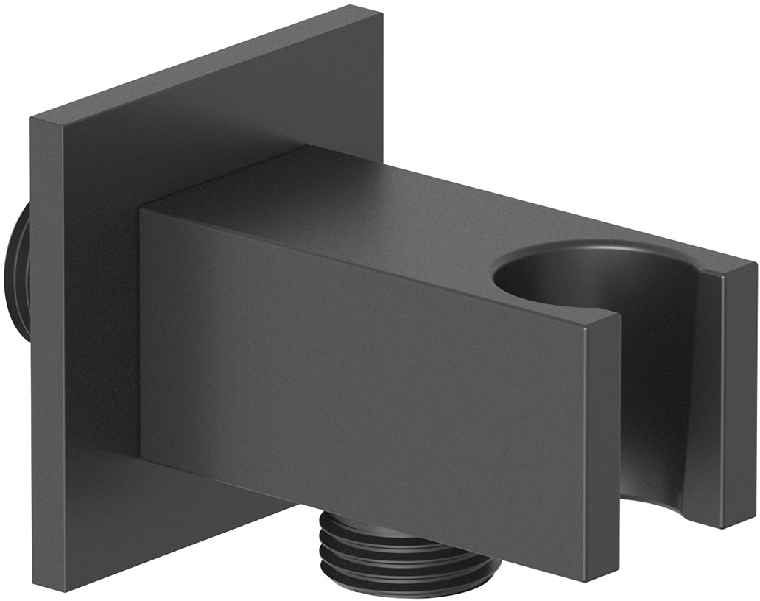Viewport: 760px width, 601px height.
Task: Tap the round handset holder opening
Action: (x=582, y=280)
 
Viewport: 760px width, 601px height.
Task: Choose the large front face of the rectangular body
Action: (x=368, y=390)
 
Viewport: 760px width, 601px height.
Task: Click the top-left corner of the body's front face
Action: (x=141, y=209)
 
